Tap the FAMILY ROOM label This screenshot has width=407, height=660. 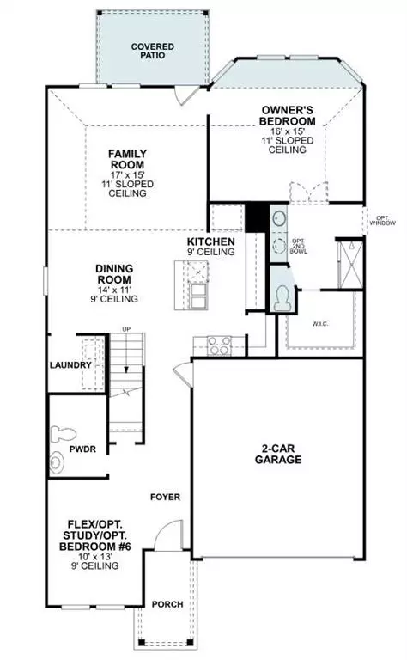pyautogui.click(x=126, y=159)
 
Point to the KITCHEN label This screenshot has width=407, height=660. pyautogui.click(x=210, y=242)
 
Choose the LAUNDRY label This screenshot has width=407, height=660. pyautogui.click(x=70, y=365)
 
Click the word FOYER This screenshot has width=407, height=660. pyautogui.click(x=165, y=498)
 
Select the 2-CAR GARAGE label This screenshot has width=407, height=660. pyautogui.click(x=277, y=454)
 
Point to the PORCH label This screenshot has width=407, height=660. pyautogui.click(x=167, y=605)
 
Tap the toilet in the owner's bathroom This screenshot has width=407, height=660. pyautogui.click(x=282, y=298)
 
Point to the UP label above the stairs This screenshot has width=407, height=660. pyautogui.click(x=126, y=329)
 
